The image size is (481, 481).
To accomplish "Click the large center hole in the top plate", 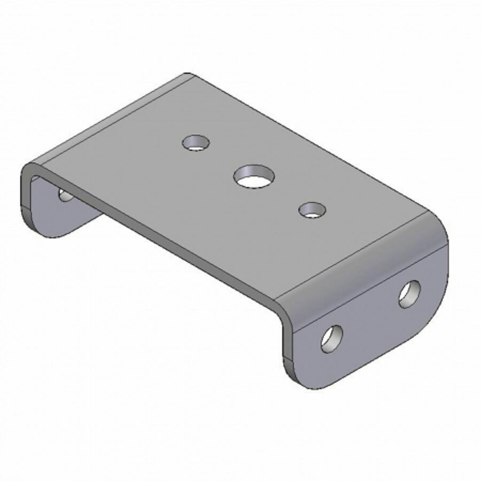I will pyautogui.click(x=253, y=176).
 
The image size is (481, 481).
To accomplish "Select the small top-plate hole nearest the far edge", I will pyautogui.click(x=196, y=143).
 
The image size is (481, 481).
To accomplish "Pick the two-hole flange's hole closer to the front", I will pyautogui.click(x=332, y=339).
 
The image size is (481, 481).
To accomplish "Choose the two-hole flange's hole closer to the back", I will pyautogui.click(x=410, y=293).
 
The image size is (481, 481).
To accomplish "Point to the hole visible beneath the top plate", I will pyautogui.click(x=66, y=195).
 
